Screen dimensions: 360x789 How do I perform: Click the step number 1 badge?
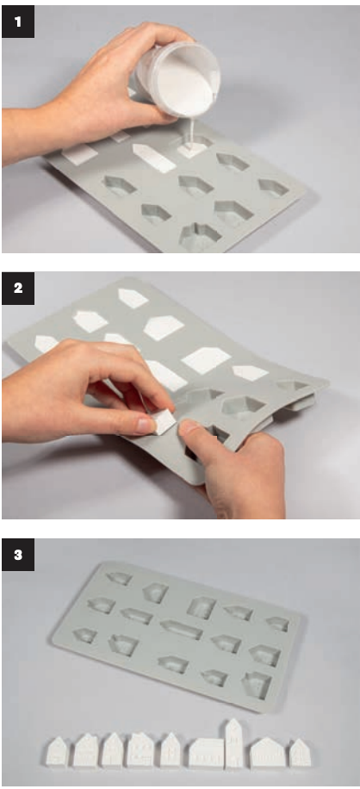[x=18, y=22]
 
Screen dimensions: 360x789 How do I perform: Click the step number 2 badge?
[x=18, y=289]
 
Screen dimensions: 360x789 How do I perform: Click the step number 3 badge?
[x=18, y=555]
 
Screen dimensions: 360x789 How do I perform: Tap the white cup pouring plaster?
[x=177, y=79]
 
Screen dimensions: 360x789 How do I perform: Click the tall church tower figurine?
[x=233, y=742]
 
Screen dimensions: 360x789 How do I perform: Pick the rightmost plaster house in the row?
[x=300, y=753]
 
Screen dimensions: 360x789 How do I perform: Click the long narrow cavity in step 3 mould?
[x=182, y=629]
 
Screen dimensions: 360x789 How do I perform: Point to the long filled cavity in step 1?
[x=154, y=158]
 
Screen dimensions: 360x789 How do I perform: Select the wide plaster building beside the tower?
[x=206, y=752]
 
